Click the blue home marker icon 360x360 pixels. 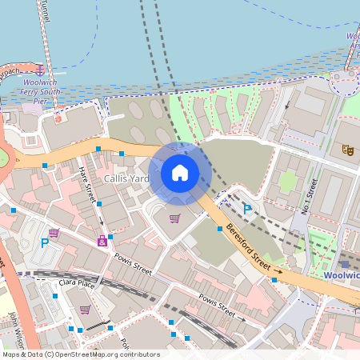point(180,172)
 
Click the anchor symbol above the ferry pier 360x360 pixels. point(40,70)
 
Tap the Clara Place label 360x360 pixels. point(77,284)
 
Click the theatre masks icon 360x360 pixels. point(347,149)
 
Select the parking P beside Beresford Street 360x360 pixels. point(247,210)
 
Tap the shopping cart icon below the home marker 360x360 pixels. point(174,218)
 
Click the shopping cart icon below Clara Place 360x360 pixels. point(85,310)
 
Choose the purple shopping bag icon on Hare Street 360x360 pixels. point(102,240)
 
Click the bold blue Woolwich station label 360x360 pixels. point(342,275)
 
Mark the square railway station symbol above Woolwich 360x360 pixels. point(345,262)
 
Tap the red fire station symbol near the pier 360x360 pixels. point(58,119)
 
